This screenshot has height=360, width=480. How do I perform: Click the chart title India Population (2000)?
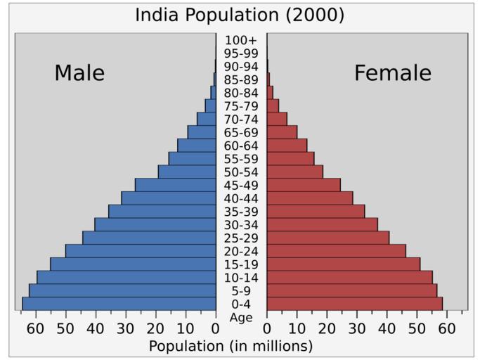240,15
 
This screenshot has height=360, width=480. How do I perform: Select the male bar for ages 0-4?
119,304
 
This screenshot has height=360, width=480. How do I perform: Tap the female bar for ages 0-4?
354,304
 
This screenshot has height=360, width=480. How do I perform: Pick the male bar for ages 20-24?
141,251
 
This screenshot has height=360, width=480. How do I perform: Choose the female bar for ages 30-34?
322,224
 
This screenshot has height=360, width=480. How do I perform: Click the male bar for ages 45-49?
176,185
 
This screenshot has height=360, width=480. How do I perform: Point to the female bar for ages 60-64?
287,146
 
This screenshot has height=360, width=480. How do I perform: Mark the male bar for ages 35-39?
162,212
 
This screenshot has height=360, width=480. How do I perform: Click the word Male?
79,73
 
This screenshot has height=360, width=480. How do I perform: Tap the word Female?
392,73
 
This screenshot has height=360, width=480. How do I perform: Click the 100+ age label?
241,40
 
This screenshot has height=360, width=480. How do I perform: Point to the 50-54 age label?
241,172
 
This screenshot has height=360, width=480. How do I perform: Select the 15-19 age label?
241,264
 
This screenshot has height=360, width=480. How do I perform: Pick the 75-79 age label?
241,106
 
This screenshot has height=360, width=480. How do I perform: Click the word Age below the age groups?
241,318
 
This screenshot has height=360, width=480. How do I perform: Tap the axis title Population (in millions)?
231,346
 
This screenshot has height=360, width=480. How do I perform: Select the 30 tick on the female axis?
357,328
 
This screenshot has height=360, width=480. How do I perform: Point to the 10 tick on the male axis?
186,328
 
